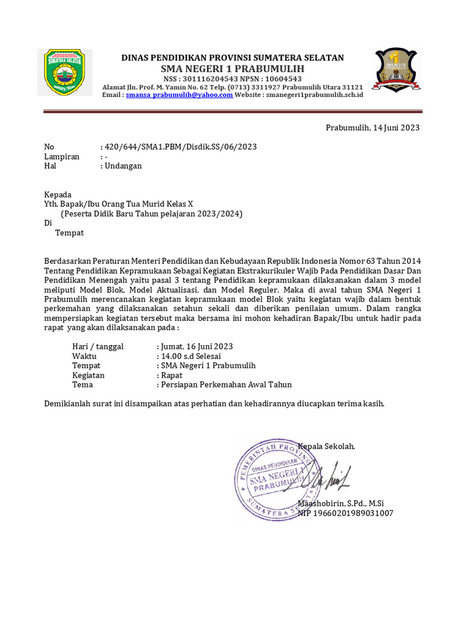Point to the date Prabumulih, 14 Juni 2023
click(x=373, y=127)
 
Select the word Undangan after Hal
click(x=123, y=166)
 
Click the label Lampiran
click(x=62, y=156)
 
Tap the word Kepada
click(x=58, y=195)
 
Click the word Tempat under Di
click(x=69, y=232)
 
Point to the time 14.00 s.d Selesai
click(x=191, y=356)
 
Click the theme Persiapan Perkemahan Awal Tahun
click(x=225, y=384)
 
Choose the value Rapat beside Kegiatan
click(x=171, y=375)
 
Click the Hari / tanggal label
click(x=98, y=346)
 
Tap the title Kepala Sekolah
click(x=326, y=446)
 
